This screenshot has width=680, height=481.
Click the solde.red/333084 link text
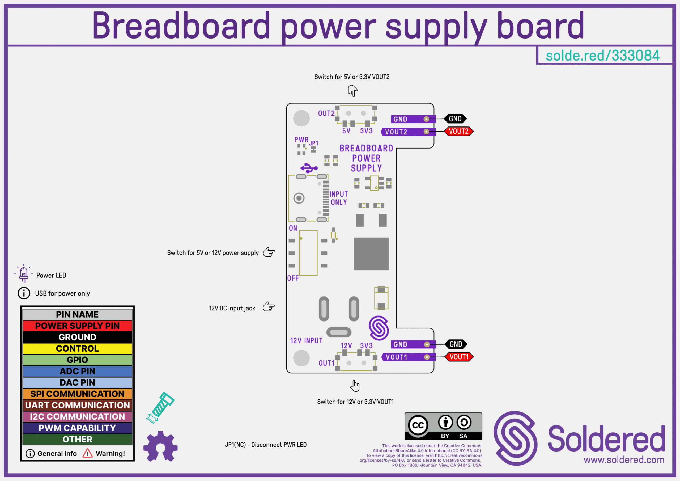pos(602,56)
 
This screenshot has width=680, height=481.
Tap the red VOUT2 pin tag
pos(458,131)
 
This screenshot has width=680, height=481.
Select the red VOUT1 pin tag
pos(459,357)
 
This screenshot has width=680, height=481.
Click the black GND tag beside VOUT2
pos(455,119)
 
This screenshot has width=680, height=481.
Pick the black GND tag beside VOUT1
pos(456,344)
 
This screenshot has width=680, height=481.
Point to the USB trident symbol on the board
pos(309,168)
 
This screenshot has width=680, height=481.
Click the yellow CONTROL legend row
pos(77,348)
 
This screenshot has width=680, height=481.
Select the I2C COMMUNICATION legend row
pos(77,417)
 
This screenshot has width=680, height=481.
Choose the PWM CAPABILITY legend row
pos(77,428)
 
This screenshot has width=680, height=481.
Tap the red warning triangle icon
pos(87,453)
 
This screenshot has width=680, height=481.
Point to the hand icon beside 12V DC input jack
pos(269,307)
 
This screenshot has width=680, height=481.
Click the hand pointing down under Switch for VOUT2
pos(352,91)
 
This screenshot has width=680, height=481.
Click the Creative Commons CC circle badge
pos(418,425)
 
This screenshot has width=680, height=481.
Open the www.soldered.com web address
pos(624,460)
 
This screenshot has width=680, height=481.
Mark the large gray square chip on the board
pos(371,254)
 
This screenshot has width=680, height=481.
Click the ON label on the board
pos(293,228)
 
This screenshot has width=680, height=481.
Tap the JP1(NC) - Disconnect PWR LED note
pos(266,445)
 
